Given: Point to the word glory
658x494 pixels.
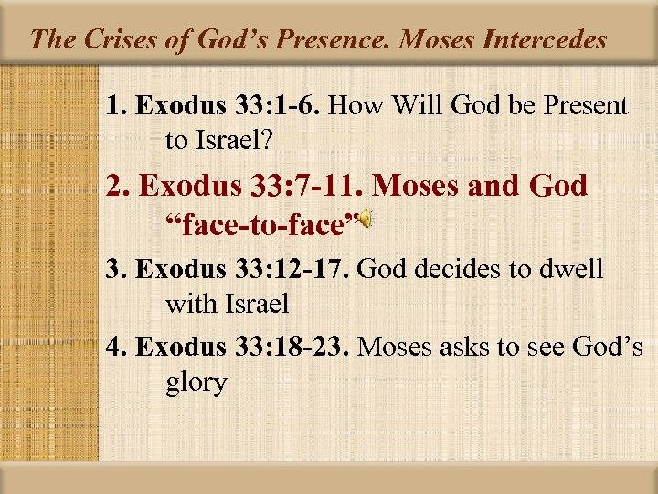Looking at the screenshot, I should pyautogui.click(x=196, y=382).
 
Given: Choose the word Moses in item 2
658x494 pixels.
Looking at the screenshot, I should pyautogui.click(x=419, y=186).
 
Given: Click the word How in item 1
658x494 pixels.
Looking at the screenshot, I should pyautogui.click(x=350, y=106).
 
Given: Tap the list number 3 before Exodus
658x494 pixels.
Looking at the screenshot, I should pyautogui.click(x=112, y=270).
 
